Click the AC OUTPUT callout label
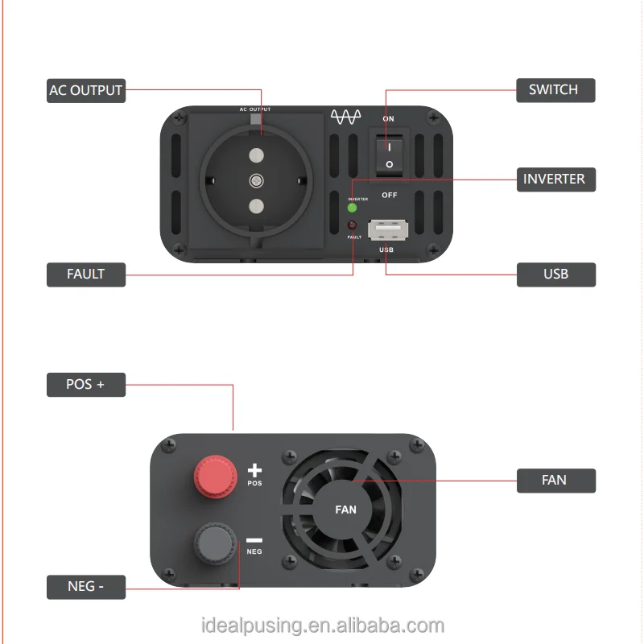85,90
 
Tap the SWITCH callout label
554,89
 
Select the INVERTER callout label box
555,179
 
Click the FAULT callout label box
85,274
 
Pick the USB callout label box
555,274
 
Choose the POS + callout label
85,384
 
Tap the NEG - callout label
85,587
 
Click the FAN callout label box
555,480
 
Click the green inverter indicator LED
353,207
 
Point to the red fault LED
352,226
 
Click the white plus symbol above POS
254,470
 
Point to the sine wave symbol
347,118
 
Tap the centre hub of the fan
345,509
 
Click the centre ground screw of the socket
256,180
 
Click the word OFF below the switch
389,195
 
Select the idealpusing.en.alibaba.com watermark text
322,625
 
